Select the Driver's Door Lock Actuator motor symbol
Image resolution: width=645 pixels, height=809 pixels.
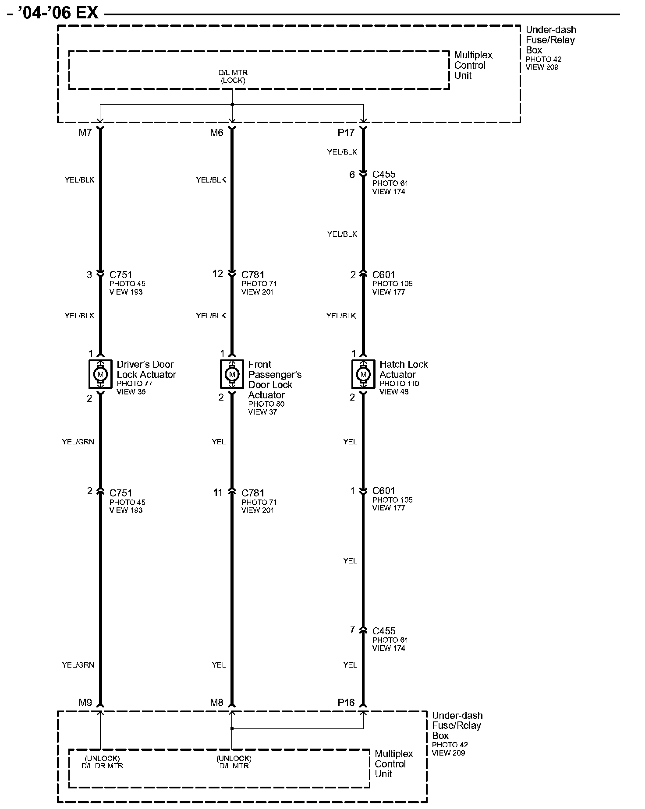(100, 374)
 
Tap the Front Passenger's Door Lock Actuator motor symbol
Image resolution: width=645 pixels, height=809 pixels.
(232, 374)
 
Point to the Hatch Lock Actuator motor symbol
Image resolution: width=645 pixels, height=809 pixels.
(363, 374)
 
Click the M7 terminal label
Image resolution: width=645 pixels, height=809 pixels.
(85, 133)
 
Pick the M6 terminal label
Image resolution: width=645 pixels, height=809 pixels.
(216, 133)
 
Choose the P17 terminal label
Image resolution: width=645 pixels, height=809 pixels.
(346, 133)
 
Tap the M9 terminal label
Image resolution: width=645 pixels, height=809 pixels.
(85, 703)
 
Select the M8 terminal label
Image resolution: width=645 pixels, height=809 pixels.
(216, 703)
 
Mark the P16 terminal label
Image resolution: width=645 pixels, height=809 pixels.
(346, 703)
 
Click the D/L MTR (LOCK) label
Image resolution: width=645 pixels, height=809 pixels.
(233, 77)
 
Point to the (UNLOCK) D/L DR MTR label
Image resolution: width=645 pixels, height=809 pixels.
(102, 762)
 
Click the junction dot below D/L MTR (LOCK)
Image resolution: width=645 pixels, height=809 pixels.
(232, 104)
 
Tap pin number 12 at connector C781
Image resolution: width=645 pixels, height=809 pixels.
(218, 274)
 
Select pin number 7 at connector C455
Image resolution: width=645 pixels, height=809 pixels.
(352, 630)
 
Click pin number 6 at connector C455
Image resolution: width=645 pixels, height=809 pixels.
(352, 175)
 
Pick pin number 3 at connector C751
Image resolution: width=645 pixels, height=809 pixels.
(89, 274)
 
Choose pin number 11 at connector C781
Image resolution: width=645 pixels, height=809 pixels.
(218, 493)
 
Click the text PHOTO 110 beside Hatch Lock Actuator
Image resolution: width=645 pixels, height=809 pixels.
(399, 383)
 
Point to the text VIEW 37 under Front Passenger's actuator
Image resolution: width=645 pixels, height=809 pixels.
(262, 412)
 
